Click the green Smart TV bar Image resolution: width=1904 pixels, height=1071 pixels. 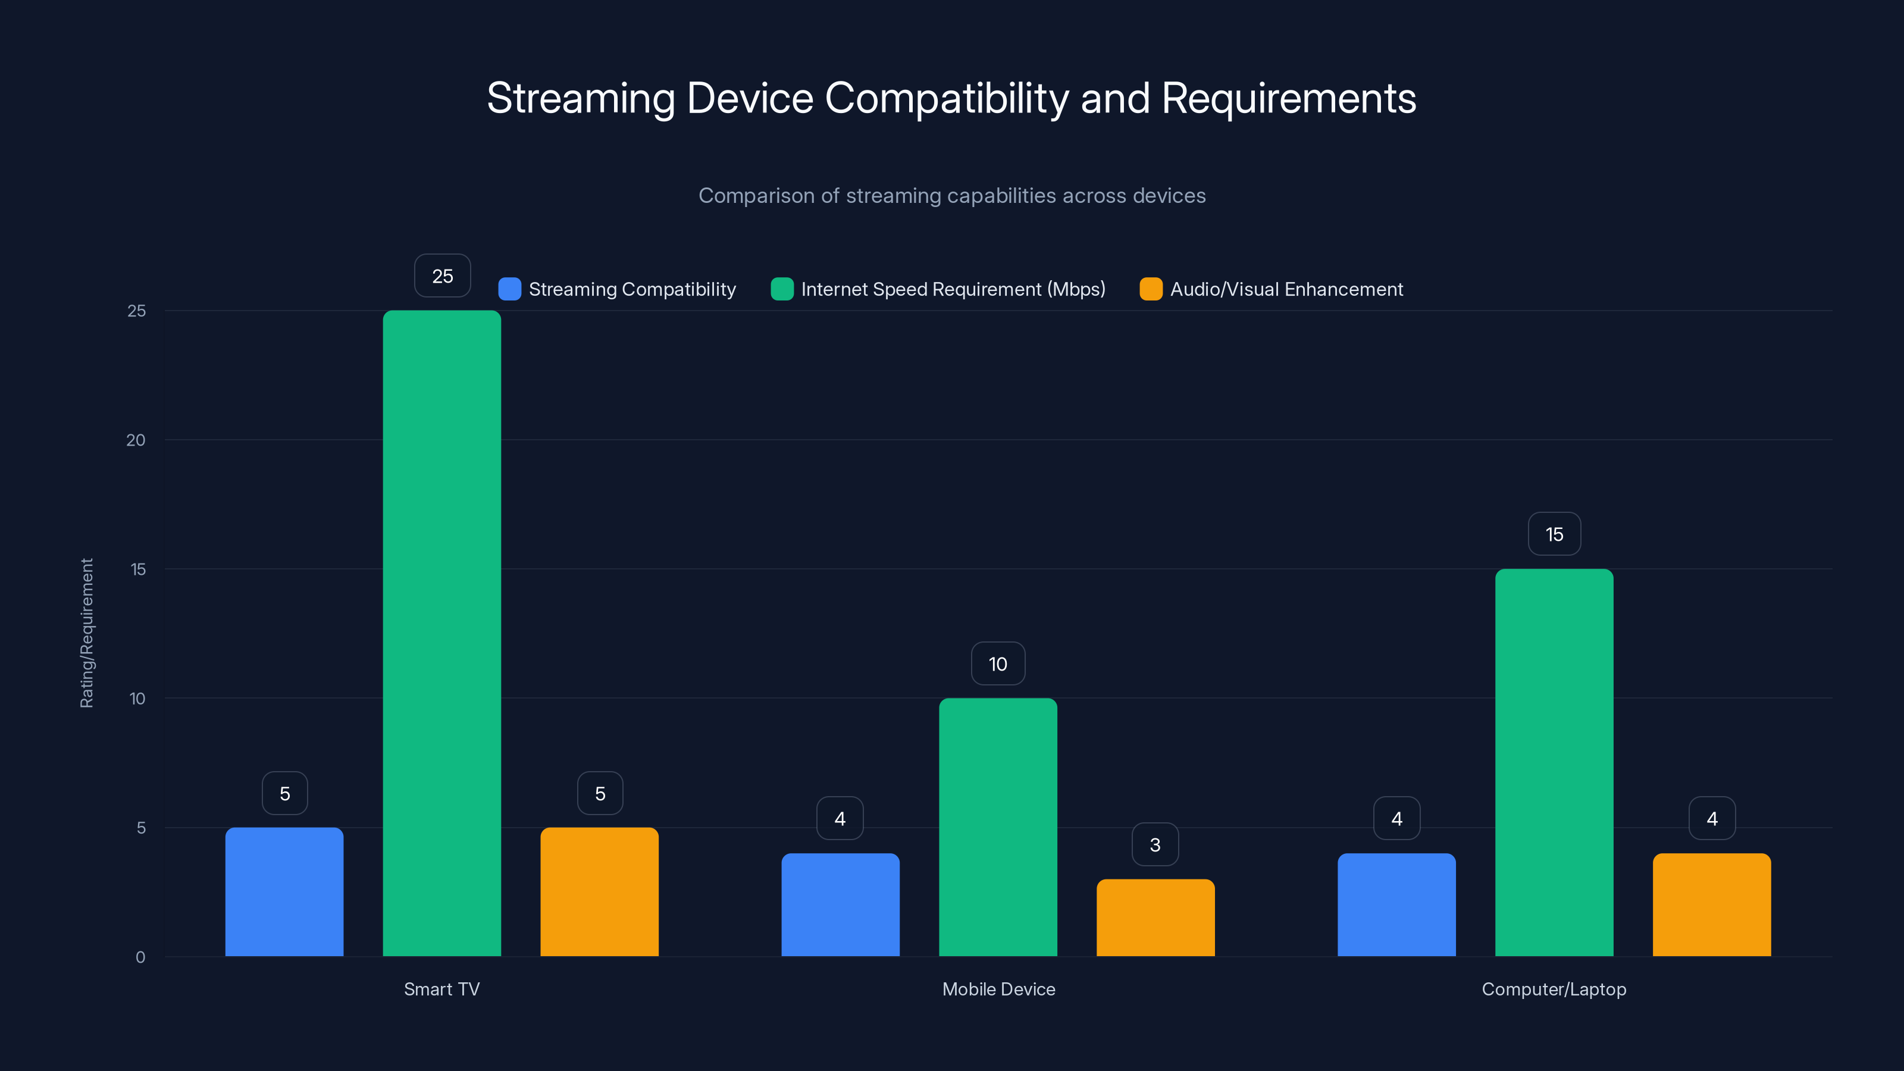pyautogui.click(x=441, y=632)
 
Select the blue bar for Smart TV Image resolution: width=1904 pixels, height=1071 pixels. pyautogui.click(x=284, y=891)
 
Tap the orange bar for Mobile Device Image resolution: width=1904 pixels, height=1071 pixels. pyautogui.click(x=1155, y=917)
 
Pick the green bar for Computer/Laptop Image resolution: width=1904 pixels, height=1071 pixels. pyautogui.click(x=1554, y=762)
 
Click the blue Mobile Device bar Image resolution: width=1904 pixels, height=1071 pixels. pyautogui.click(x=840, y=904)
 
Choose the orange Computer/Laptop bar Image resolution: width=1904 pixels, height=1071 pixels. pyautogui.click(x=1711, y=904)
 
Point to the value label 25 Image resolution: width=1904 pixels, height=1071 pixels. pyautogui.click(x=442, y=275)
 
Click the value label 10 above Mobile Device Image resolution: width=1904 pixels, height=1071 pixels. pyautogui.click(x=998, y=664)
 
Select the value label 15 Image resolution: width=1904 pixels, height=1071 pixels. pyautogui.click(x=1554, y=534)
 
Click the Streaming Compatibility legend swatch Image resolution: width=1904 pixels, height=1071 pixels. pyautogui.click(x=509, y=289)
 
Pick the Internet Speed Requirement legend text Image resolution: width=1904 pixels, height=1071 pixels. pyautogui.click(x=953, y=289)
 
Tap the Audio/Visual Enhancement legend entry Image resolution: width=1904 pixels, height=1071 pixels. pyautogui.click(x=1286, y=289)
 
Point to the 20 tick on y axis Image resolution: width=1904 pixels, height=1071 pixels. pyautogui.click(x=136, y=440)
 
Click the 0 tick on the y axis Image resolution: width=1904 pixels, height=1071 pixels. pyautogui.click(x=140, y=957)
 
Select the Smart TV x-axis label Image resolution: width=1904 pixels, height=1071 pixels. pyautogui.click(x=441, y=989)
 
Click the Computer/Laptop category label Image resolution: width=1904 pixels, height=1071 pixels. pyautogui.click(x=1554, y=989)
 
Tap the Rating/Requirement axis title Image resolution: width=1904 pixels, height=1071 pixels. pyautogui.click(x=86, y=632)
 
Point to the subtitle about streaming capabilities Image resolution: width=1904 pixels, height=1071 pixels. pyautogui.click(x=952, y=196)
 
